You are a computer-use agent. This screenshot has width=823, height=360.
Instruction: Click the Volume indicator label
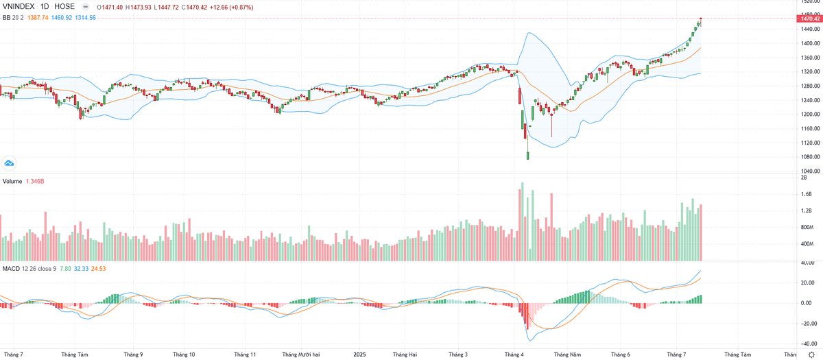point(12,181)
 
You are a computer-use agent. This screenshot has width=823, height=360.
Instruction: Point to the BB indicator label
point(6,17)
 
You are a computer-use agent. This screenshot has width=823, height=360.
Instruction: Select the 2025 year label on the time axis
point(359,355)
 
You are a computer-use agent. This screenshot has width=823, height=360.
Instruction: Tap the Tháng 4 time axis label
point(514,355)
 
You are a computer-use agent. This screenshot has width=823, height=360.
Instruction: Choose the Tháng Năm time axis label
point(567,355)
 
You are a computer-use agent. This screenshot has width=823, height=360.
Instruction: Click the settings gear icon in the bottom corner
point(811,355)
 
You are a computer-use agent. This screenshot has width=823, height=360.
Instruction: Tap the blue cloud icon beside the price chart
point(9,163)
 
